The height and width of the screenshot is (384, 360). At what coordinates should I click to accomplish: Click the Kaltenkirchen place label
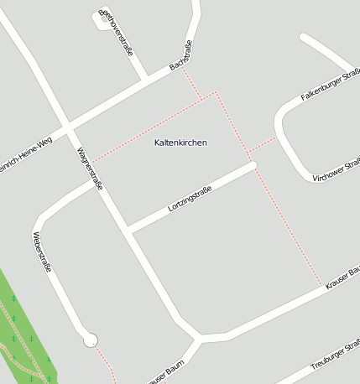point(180,143)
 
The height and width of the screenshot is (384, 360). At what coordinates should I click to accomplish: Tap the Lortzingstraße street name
point(190,197)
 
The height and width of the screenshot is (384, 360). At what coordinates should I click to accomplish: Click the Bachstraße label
point(181,54)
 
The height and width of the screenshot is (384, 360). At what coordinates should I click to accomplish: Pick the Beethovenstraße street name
point(117,33)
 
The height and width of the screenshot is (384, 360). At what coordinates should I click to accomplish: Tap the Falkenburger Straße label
point(331,86)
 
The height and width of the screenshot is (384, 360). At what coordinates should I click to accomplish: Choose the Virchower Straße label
point(336,167)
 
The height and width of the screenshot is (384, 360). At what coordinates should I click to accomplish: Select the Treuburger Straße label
point(334,356)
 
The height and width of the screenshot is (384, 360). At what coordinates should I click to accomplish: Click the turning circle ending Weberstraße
point(91,340)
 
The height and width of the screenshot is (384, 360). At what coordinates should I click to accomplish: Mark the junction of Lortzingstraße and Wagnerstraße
point(128,229)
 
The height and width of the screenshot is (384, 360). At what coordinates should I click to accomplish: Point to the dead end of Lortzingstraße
point(253,164)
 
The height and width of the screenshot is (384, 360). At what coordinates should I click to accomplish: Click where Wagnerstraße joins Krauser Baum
point(199,338)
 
